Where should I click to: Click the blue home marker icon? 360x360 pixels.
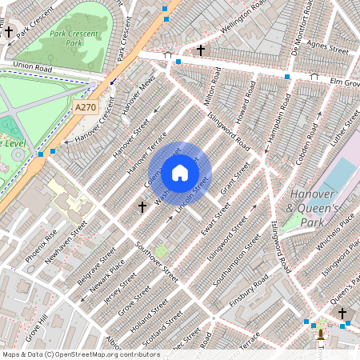tap(180, 172)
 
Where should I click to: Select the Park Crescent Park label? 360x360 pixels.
tap(78, 39)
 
